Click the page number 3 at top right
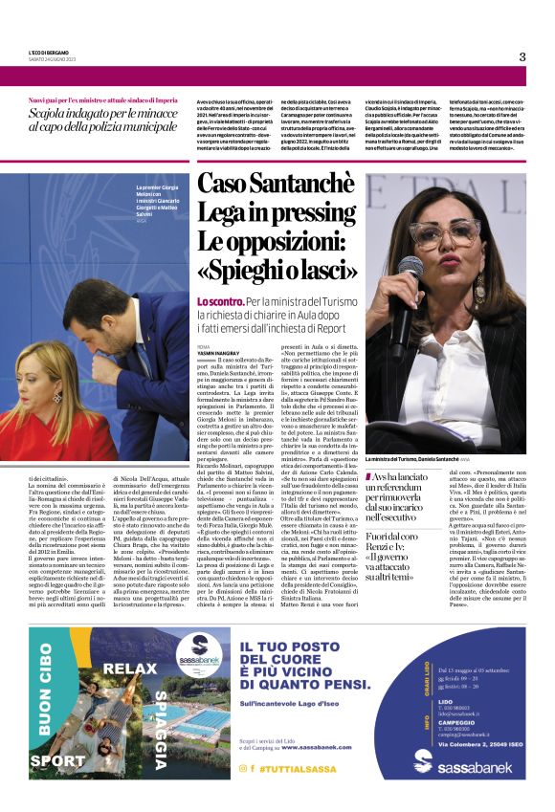(522, 56)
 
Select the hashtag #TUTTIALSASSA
(291, 767)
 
